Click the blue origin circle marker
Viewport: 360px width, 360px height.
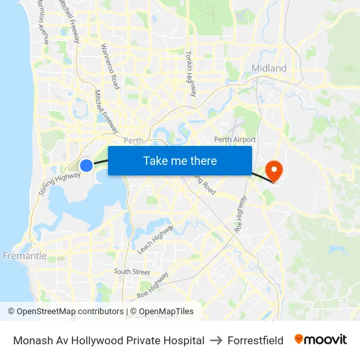point(86,166)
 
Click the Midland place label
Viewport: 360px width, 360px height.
point(269,68)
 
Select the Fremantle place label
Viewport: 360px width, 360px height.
point(24,256)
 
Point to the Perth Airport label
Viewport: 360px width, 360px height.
point(235,139)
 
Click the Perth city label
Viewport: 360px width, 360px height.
point(133,140)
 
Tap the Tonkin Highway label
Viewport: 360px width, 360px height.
point(191,74)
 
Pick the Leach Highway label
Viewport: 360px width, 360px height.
point(155,240)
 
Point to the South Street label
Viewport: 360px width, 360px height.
point(132,272)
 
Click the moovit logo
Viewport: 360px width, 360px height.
point(320,340)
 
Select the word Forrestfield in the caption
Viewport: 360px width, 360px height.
point(255,340)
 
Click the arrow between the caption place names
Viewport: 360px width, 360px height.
point(216,340)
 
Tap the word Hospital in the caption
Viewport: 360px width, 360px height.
point(184,340)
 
